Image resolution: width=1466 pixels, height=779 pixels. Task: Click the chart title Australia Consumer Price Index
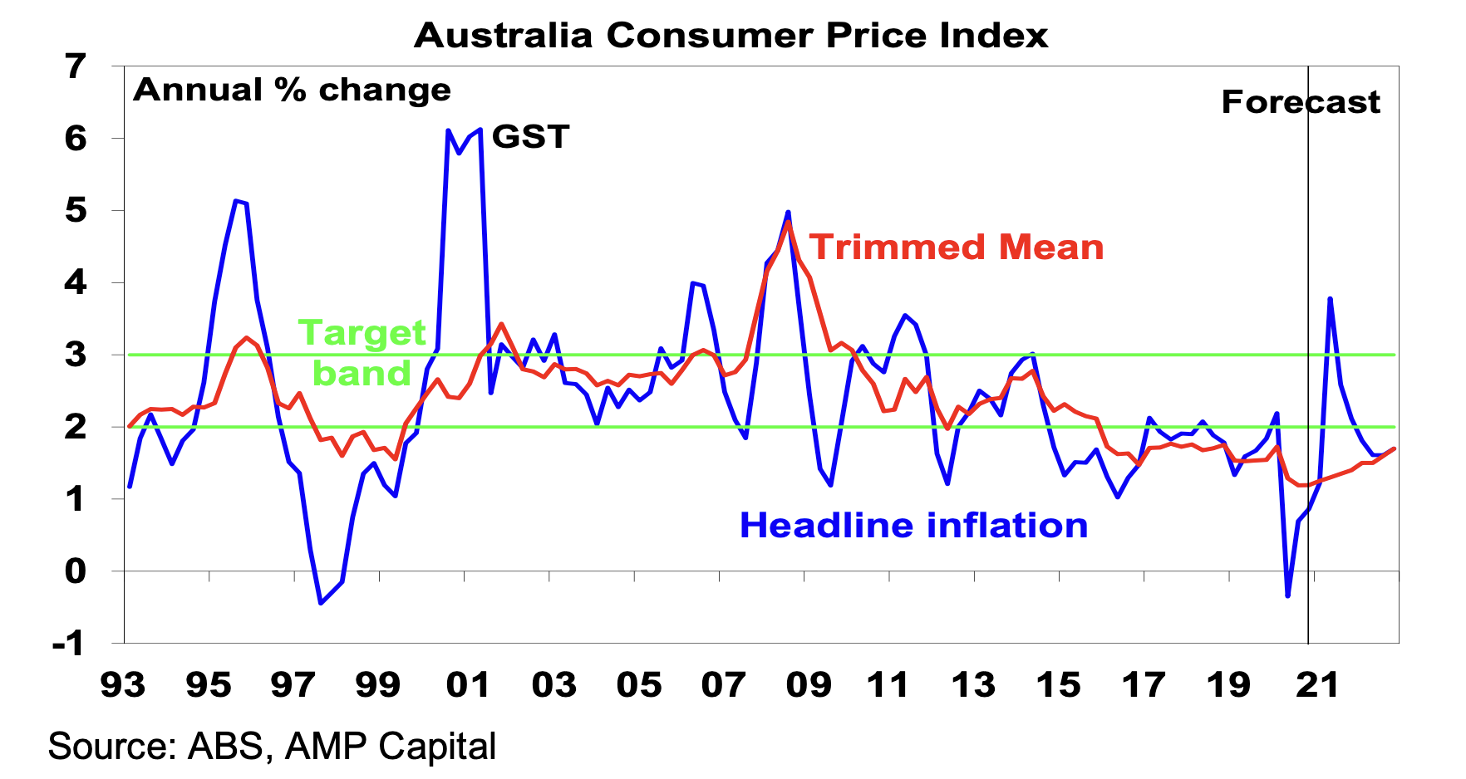pyautogui.click(x=731, y=36)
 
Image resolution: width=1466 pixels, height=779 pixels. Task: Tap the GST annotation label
pyautogui.click(x=530, y=137)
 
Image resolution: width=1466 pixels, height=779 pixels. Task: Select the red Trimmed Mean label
pyautogui.click(x=957, y=247)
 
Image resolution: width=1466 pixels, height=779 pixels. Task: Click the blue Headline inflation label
pyautogui.click(x=913, y=526)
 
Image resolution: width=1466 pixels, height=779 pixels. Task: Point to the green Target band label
pyautogui.click(x=362, y=353)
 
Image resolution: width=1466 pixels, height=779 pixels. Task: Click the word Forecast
pyautogui.click(x=1300, y=102)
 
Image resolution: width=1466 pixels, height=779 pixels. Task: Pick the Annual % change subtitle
pyautogui.click(x=292, y=90)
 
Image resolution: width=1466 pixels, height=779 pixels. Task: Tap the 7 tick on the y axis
pyautogui.click(x=76, y=66)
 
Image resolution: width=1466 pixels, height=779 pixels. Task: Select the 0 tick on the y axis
pyautogui.click(x=76, y=571)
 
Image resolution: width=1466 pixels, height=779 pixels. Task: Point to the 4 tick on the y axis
pyautogui.click(x=76, y=283)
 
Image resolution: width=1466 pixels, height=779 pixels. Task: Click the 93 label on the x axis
pyautogui.click(x=123, y=685)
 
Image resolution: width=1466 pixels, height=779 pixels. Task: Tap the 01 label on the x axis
pyautogui.click(x=467, y=685)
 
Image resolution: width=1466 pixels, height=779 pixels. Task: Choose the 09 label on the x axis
pyautogui.click(x=808, y=685)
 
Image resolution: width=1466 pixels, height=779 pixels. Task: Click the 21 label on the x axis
pyautogui.click(x=1318, y=685)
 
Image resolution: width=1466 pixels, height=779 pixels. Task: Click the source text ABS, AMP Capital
pyautogui.click(x=272, y=746)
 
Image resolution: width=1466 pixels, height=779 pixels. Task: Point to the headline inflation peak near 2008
pyautogui.click(x=788, y=213)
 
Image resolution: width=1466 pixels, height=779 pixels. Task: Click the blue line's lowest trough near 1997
pyautogui.click(x=321, y=603)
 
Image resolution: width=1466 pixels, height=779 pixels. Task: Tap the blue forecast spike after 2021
pyautogui.click(x=1331, y=298)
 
